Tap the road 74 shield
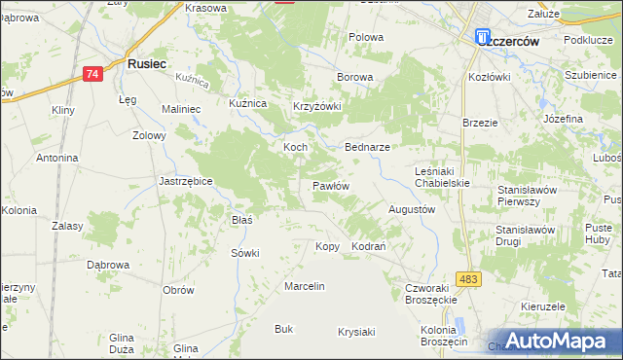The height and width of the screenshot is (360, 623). (x=92, y=74)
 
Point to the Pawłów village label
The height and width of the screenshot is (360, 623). (x=330, y=185)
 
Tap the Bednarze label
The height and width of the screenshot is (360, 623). (x=368, y=147)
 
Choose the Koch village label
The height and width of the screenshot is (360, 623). (x=295, y=147)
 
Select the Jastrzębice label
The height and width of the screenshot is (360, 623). (x=186, y=181)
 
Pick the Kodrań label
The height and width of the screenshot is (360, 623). (x=369, y=247)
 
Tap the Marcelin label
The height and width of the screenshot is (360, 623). (x=304, y=286)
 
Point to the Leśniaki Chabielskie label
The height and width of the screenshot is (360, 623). (x=442, y=176)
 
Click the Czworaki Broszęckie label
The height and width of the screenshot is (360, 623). (x=431, y=294)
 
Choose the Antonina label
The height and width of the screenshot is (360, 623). (x=56, y=158)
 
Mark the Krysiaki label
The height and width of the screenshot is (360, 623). (x=356, y=332)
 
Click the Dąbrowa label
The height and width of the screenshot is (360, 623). (x=108, y=264)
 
